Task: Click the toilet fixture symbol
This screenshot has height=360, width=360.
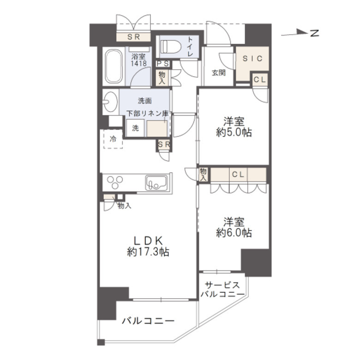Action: [x=171, y=47]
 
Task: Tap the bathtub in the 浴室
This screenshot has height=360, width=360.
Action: [x=114, y=66]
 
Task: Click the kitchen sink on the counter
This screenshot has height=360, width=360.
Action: [x=156, y=183]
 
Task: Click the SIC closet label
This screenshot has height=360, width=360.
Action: [x=252, y=59]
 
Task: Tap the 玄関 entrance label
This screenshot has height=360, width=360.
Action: [x=219, y=73]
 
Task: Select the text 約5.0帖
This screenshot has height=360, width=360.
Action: [x=234, y=133]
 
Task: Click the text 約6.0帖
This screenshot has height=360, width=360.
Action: [x=234, y=233]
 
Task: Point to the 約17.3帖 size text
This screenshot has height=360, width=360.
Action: [x=148, y=252]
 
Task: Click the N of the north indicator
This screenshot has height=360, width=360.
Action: [x=315, y=33]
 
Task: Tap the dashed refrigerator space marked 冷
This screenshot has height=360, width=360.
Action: [x=113, y=139]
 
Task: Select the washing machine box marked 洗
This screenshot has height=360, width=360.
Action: [x=135, y=128]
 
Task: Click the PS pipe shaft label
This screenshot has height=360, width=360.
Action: [x=163, y=64]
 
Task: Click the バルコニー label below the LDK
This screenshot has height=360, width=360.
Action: [x=148, y=321]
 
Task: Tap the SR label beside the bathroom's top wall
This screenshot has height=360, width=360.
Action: [x=134, y=37]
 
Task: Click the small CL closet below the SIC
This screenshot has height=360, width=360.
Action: [x=260, y=80]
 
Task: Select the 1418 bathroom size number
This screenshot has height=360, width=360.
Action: [x=138, y=64]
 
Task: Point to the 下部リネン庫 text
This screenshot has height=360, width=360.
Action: [x=148, y=114]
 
